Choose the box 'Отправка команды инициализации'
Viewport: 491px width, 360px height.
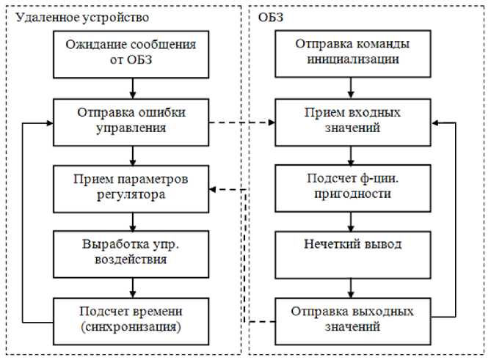(352, 52)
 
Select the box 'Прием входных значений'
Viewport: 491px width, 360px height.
(352, 120)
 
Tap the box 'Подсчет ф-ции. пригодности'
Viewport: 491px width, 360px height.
(352, 187)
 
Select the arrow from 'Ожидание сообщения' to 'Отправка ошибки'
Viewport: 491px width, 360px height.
(132, 87)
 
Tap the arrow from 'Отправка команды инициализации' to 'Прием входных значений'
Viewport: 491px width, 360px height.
(352, 87)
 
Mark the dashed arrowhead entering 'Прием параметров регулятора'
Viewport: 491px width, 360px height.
(212, 191)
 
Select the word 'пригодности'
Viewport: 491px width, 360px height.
(352, 194)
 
